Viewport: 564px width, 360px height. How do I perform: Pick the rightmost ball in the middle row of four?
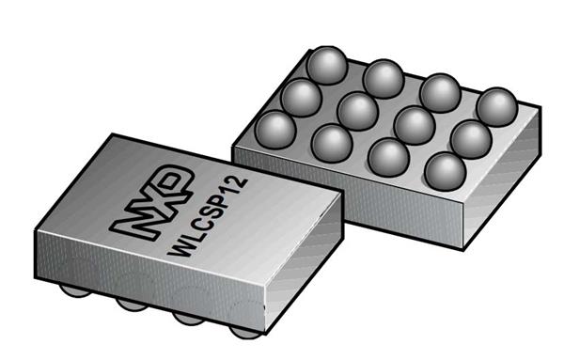[468, 138]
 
